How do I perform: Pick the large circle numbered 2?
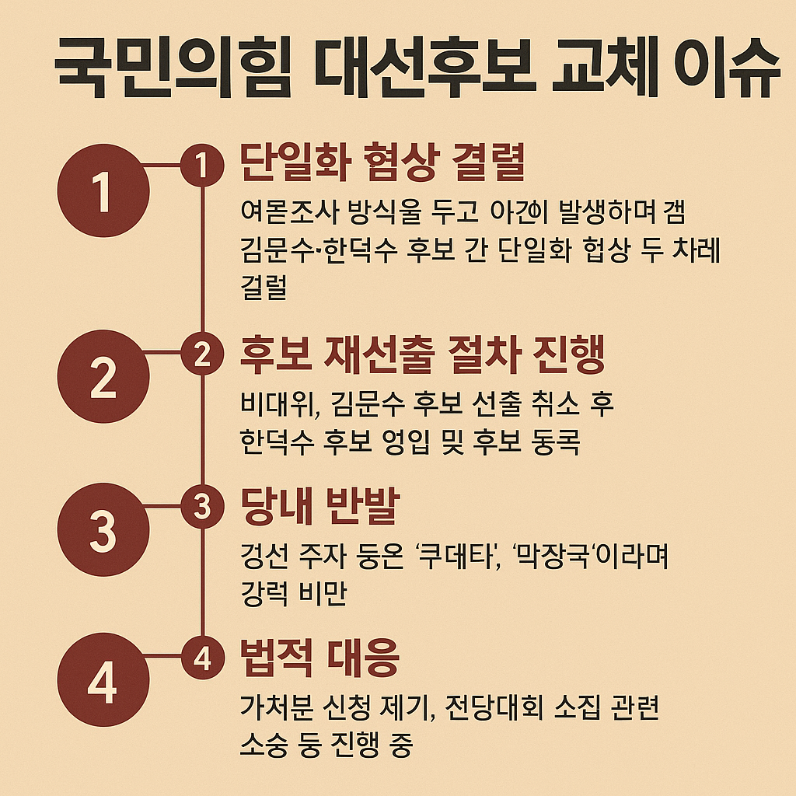(x=103, y=377)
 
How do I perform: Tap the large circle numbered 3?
(x=103, y=529)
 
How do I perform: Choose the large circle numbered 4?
(x=103, y=683)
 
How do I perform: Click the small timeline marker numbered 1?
(x=202, y=165)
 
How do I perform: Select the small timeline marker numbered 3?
(x=202, y=506)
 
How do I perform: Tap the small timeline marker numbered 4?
(x=202, y=659)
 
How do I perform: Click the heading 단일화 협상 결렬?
(x=383, y=164)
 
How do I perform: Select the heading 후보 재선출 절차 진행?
(x=423, y=353)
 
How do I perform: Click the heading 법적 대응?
(x=320, y=659)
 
